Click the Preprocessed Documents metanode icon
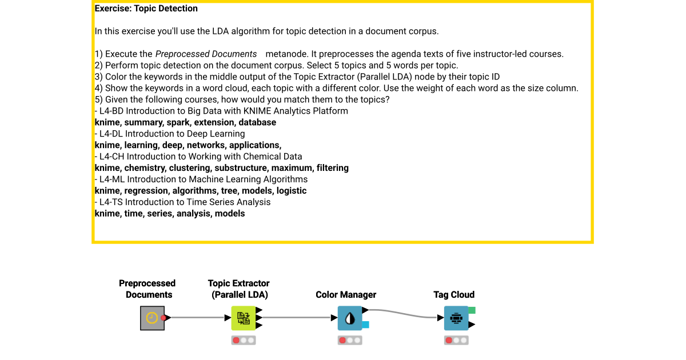click(152, 318)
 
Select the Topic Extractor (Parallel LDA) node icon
click(244, 318)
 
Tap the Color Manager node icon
click(350, 318)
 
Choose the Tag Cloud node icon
click(456, 318)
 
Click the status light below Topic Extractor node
click(244, 340)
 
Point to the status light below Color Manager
click(350, 340)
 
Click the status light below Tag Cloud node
click(456, 340)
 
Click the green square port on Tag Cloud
click(472, 310)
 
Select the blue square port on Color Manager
click(365, 325)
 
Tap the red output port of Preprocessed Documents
click(163, 318)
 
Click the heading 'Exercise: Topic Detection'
click(146, 9)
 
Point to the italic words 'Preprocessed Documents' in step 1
click(206, 54)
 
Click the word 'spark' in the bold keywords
click(178, 122)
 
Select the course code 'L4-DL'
click(111, 134)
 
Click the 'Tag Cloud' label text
click(454, 295)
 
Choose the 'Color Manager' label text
click(346, 295)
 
